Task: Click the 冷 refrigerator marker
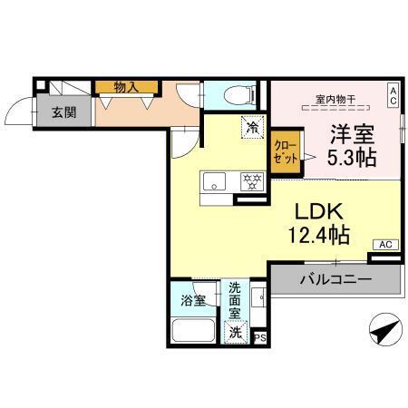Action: pyautogui.click(x=250, y=128)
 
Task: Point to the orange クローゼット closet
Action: pyautogui.click(x=285, y=151)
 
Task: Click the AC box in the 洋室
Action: pyautogui.click(x=393, y=92)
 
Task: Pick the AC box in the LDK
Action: pyautogui.click(x=384, y=244)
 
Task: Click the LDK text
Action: pyautogui.click(x=315, y=210)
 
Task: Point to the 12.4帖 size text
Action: pyautogui.click(x=314, y=236)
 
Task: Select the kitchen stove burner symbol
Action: pyautogui.click(x=249, y=180)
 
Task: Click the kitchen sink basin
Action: pyautogui.click(x=216, y=180)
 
